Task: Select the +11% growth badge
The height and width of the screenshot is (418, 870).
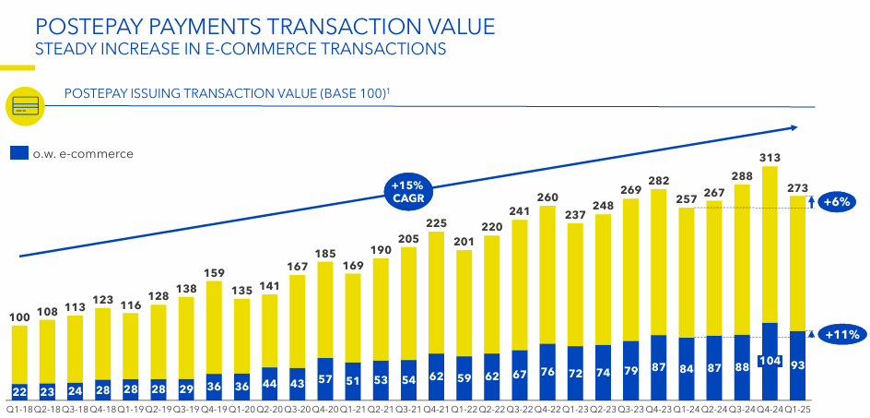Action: click(840, 335)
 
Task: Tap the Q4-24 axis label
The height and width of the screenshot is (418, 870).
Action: click(770, 408)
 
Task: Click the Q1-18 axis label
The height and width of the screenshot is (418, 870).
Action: click(19, 408)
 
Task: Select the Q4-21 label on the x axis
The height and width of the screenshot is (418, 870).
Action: click(436, 408)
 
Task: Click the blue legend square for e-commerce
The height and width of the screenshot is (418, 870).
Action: click(18, 153)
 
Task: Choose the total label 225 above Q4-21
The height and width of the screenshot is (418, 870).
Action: click(436, 221)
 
